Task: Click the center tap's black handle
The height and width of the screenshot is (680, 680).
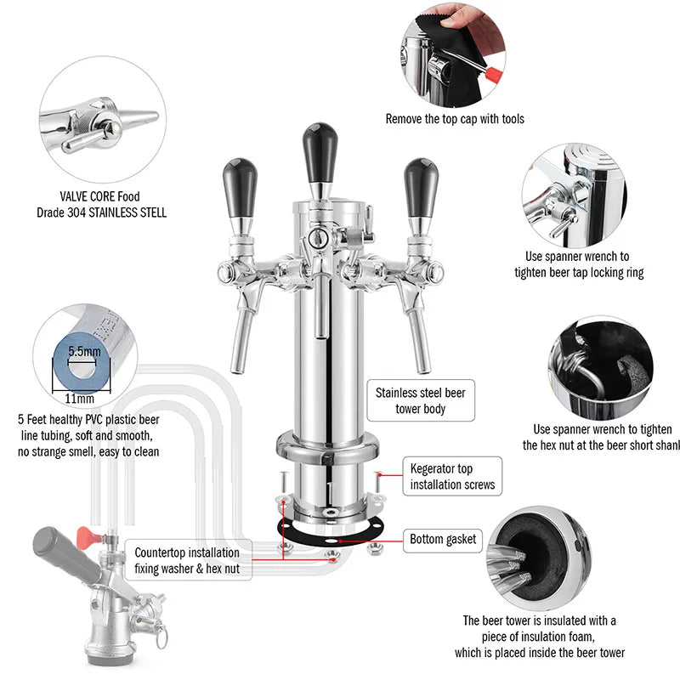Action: click(320, 149)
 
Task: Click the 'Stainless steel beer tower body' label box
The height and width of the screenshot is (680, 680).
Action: click(420, 401)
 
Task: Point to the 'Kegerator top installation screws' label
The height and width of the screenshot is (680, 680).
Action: click(452, 477)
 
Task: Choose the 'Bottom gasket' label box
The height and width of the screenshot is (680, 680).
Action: click(444, 539)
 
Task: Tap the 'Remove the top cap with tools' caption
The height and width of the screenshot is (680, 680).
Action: click(455, 119)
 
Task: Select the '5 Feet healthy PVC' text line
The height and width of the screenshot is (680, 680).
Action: click(88, 420)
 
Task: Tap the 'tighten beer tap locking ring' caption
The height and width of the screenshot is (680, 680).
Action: click(579, 273)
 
